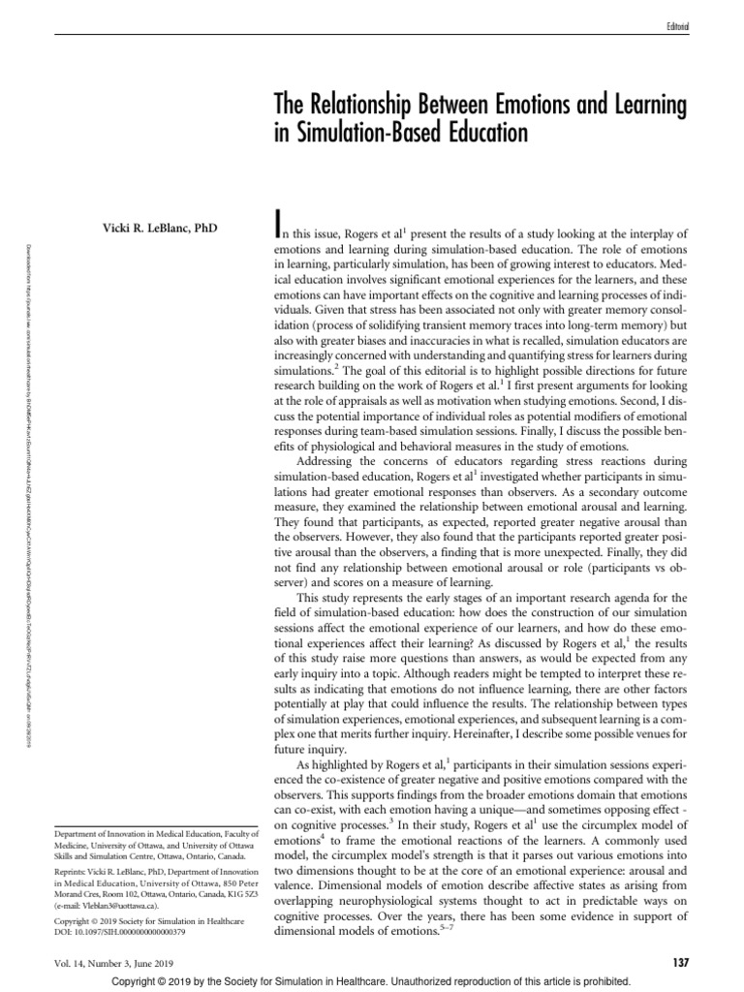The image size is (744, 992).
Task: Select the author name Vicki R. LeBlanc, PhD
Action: click(161, 230)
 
